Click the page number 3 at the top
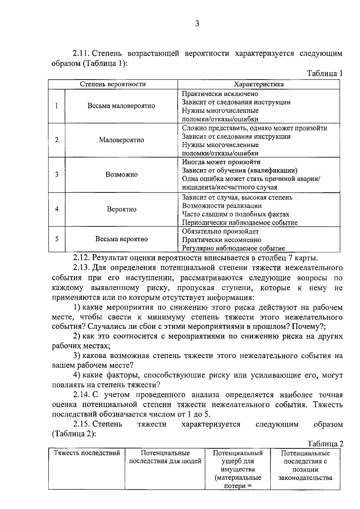pyautogui.click(x=197, y=24)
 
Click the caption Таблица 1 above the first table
pyautogui.click(x=325, y=73)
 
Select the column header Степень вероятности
pyautogui.click(x=113, y=84)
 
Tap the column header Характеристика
pyautogui.click(x=259, y=84)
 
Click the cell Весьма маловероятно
pyautogui.click(x=121, y=106)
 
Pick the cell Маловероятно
pyautogui.click(x=121, y=140)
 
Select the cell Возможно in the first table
pyautogui.click(x=121, y=175)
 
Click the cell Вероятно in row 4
pyautogui.click(x=121, y=209)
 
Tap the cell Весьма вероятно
pyautogui.click(x=121, y=239)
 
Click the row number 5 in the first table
pyautogui.click(x=57, y=239)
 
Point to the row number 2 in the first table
pyautogui.click(x=57, y=140)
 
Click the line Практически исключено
pyautogui.click(x=220, y=94)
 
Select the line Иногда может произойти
pyautogui.click(x=221, y=162)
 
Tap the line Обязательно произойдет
pyautogui.click(x=220, y=232)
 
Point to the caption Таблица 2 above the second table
pyautogui.click(x=325, y=444)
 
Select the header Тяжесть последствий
pyautogui.click(x=87, y=453)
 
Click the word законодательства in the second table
pyautogui.click(x=305, y=478)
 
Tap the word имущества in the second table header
pyautogui.click(x=237, y=469)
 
